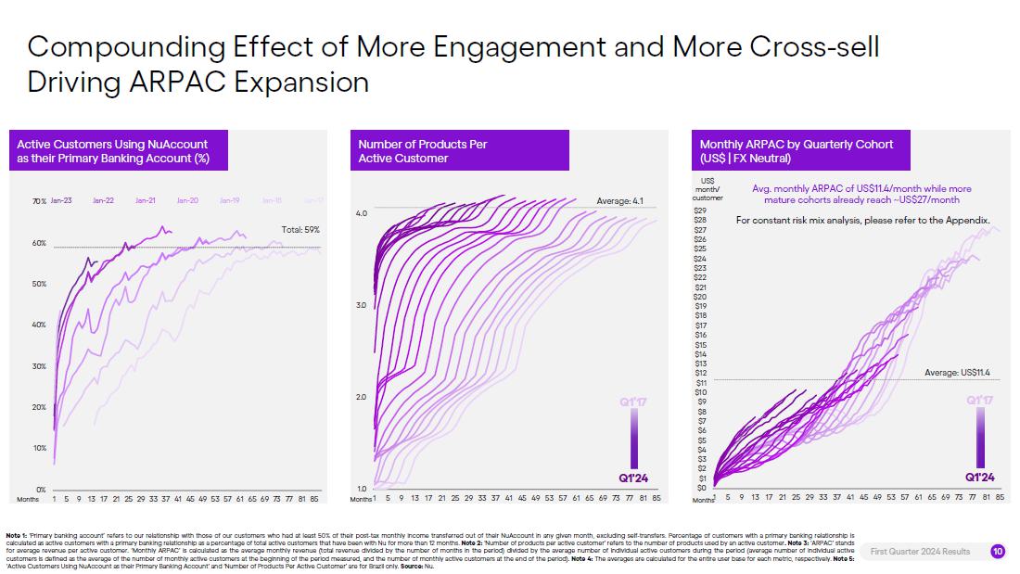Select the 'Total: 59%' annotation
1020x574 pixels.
click(300, 229)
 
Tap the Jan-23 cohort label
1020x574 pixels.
click(62, 200)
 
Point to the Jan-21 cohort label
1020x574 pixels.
click(146, 200)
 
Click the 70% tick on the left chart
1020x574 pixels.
click(39, 201)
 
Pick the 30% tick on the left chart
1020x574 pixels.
click(40, 366)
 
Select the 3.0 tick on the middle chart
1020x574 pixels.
click(362, 305)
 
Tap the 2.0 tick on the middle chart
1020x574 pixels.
click(362, 397)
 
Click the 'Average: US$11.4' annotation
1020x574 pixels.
click(958, 373)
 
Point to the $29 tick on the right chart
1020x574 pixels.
click(701, 210)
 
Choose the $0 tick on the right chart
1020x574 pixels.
click(702, 487)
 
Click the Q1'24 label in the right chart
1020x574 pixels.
click(980, 477)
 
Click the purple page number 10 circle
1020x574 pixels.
click(997, 551)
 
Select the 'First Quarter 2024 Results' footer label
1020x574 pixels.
click(920, 552)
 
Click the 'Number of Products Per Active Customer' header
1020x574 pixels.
click(423, 151)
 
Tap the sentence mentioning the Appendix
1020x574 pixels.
click(863, 221)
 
